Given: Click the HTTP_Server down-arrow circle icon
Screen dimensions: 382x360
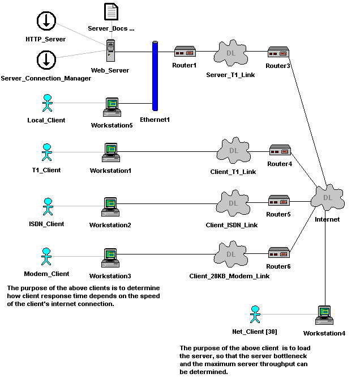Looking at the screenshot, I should (x=46, y=21).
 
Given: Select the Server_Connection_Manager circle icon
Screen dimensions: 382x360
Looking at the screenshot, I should (x=46, y=59).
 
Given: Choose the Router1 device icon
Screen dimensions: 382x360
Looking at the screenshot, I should (x=185, y=52).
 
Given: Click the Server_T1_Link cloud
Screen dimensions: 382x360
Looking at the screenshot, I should (x=230, y=54).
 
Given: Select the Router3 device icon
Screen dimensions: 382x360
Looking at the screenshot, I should (x=278, y=53).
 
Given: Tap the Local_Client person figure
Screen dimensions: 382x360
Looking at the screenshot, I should (x=47, y=104).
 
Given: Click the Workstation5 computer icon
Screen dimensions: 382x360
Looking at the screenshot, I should (x=112, y=107).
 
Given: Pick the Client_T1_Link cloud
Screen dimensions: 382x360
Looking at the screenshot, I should (x=231, y=152).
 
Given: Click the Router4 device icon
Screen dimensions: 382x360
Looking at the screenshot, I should (x=279, y=151).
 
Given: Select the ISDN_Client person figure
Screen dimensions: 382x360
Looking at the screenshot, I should (x=48, y=207).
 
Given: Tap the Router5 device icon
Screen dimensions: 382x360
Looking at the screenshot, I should (x=278, y=201).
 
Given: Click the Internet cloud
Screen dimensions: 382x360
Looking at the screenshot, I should (x=327, y=198).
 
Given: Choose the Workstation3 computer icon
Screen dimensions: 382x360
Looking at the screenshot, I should (x=110, y=258).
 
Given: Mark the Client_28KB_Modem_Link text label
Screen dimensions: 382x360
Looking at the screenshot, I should (x=229, y=276).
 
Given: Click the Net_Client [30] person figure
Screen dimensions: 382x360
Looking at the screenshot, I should (x=255, y=315).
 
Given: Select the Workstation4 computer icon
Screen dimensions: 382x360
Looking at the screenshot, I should (x=324, y=315).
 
